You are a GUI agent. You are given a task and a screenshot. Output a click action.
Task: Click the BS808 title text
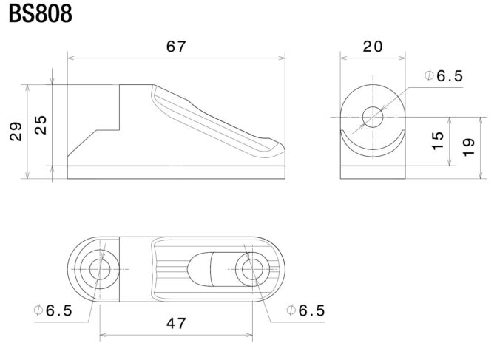click(40, 14)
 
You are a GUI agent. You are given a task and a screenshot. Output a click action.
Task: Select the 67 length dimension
click(176, 47)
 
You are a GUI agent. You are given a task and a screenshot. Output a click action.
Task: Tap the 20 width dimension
click(373, 47)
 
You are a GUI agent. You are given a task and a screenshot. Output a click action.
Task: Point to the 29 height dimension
click(16, 132)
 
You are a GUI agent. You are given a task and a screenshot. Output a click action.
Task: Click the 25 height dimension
click(41, 125)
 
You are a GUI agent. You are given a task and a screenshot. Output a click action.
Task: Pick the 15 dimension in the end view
click(438, 140)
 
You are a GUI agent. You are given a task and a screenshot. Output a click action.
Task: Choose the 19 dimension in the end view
click(469, 147)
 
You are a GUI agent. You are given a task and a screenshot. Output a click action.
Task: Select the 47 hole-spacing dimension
click(176, 323)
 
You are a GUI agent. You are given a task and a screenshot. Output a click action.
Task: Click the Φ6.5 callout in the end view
click(444, 75)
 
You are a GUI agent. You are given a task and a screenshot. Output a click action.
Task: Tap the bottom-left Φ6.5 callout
click(53, 310)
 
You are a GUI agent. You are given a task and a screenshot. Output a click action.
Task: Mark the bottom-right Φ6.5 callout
click(305, 310)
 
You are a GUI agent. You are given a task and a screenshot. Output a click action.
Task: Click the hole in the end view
click(373, 117)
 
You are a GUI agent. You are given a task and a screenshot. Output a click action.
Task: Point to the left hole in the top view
click(100, 269)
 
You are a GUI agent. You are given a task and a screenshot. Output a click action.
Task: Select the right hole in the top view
click(252, 269)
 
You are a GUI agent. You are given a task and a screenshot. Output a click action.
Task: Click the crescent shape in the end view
click(373, 153)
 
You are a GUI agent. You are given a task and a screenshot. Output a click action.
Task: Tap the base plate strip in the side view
click(176, 172)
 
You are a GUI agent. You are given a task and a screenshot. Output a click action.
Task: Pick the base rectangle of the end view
click(373, 172)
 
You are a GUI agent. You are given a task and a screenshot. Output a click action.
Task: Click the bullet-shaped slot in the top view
click(199, 269)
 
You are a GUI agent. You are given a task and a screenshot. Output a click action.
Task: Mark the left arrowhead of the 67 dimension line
click(71, 58)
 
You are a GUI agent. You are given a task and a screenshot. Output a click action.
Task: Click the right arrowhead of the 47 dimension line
click(249, 335)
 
